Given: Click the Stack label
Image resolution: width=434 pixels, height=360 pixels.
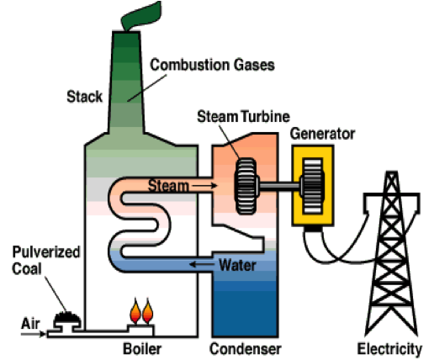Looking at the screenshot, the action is point(84,97).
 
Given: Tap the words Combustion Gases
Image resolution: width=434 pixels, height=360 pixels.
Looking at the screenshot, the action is point(212,65).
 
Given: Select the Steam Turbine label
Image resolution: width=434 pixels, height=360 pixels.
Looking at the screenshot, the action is point(243,116).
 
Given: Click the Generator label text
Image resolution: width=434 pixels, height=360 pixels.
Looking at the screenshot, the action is point(322,134).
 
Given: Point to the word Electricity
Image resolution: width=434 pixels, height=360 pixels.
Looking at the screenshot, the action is point(389,349).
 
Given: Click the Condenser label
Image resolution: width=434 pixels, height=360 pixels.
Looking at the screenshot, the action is point(246,349).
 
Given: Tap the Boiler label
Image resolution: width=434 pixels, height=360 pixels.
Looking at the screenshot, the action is point(142,349).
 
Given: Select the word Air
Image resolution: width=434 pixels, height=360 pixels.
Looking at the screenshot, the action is point(30,324).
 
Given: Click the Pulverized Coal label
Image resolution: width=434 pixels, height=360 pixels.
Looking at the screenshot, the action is point(46,260).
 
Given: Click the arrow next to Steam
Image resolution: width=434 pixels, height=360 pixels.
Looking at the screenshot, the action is point(204,185).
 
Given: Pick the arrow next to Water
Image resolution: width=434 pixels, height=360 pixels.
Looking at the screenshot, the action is point(202,264).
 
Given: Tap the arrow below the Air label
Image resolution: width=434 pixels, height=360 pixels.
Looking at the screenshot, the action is point(33,334).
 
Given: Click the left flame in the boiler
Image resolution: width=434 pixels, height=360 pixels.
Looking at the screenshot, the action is point(135,311).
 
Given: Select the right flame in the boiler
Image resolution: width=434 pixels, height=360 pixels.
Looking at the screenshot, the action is point(147,311).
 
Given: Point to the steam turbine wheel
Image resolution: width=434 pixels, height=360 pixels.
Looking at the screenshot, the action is point(246,186).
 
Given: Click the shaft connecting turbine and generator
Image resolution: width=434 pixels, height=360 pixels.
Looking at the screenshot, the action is point(279,186).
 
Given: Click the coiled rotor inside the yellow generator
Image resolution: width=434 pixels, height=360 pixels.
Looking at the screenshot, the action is point(312,186).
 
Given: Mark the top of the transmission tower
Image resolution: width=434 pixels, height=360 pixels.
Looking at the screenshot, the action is point(392,172).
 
